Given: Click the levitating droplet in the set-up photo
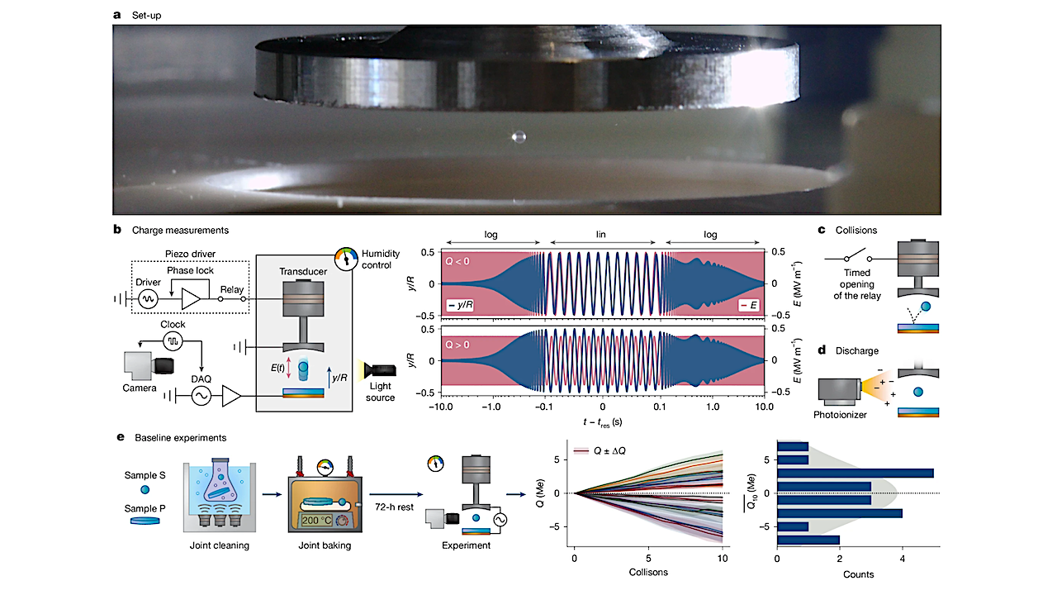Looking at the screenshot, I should [518, 135].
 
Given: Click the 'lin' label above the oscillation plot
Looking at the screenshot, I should [602, 236].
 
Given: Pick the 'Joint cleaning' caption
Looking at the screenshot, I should [216, 546].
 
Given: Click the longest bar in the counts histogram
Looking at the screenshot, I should [856, 474].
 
